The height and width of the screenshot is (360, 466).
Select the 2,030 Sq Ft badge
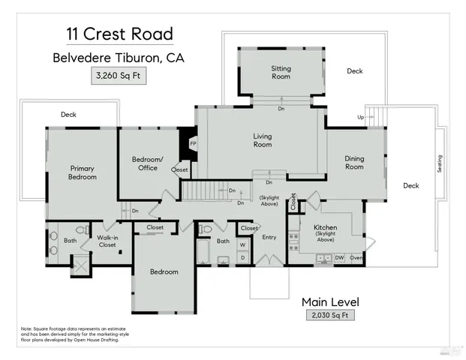tap(330, 316)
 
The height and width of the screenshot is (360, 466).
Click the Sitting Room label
tap(281, 73)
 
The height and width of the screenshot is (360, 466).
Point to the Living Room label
tap(262, 140)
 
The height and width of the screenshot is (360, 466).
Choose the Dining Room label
tap(354, 163)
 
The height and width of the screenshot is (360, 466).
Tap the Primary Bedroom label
tap(83, 172)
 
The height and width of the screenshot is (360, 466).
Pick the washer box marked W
tap(243, 244)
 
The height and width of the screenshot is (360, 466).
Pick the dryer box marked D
tap(243, 258)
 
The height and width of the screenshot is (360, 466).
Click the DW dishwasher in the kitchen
tap(339, 258)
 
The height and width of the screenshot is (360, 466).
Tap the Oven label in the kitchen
tap(356, 258)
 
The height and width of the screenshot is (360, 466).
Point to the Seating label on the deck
tap(440, 163)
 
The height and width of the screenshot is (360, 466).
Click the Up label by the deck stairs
tap(361, 118)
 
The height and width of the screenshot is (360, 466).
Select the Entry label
tap(269, 238)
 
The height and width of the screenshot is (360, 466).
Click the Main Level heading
tap(330, 301)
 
